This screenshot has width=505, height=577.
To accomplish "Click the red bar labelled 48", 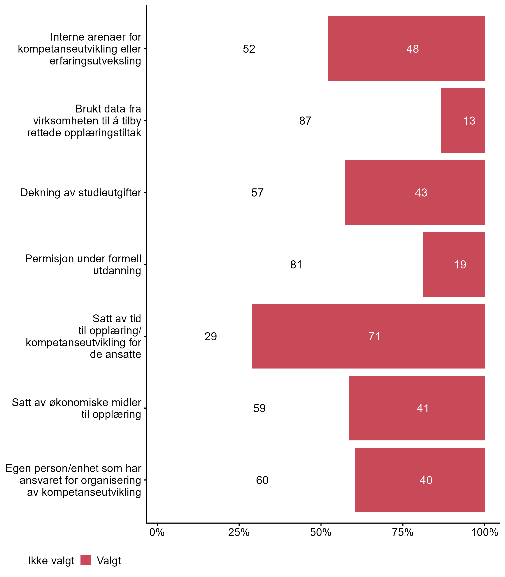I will (406, 48).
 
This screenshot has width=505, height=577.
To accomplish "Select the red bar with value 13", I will (463, 120).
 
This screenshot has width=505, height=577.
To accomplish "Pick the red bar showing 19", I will (453, 264).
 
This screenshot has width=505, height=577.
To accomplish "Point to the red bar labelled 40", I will (420, 480).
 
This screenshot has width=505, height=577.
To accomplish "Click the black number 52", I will (249, 49).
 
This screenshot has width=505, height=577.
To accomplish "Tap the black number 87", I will (305, 121).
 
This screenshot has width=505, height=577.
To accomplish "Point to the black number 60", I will (262, 480).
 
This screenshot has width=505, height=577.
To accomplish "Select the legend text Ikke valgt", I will (51, 561).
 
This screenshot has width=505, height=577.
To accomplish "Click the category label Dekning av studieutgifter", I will (81, 193).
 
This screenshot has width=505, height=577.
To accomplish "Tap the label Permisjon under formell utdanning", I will (83, 265).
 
